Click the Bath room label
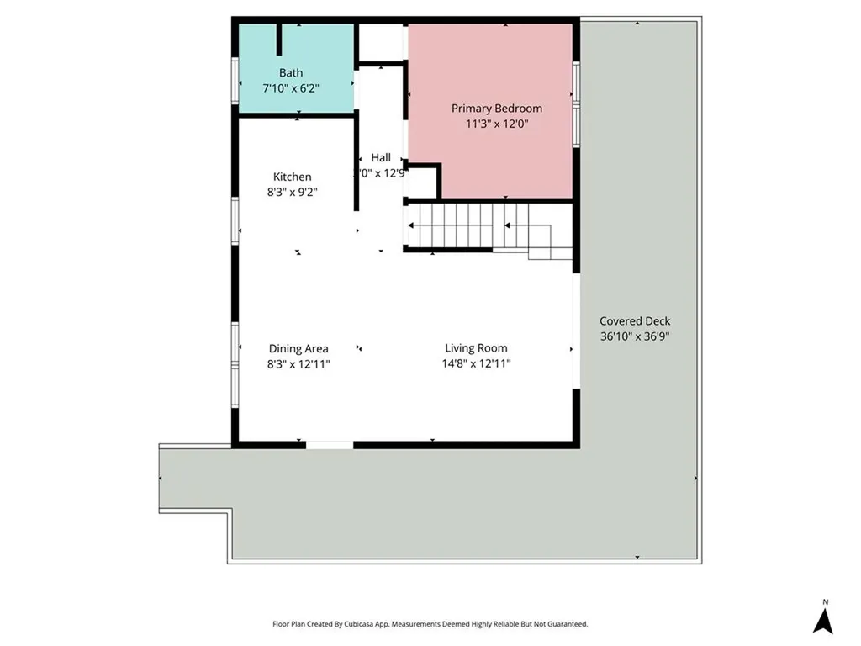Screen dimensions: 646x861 pyautogui.click(x=291, y=73)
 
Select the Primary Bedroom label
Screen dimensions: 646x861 pyautogui.click(x=496, y=109)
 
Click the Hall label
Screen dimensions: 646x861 pyautogui.click(x=381, y=157)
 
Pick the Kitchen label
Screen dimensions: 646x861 pyautogui.click(x=292, y=177)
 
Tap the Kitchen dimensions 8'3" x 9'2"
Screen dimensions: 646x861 pyautogui.click(x=292, y=192)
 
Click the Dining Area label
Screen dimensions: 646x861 pyautogui.click(x=298, y=348)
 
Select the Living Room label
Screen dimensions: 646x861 pyautogui.click(x=476, y=348)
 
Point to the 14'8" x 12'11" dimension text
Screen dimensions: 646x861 pyautogui.click(x=476, y=363)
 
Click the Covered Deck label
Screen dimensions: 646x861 pyautogui.click(x=635, y=321)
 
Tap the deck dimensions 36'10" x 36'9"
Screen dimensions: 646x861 pyautogui.click(x=635, y=336)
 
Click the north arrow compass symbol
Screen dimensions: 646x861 pyautogui.click(x=824, y=621)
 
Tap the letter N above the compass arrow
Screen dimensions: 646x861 pyautogui.click(x=825, y=602)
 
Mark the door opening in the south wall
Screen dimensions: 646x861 pyautogui.click(x=329, y=444)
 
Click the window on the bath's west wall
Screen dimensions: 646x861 pyautogui.click(x=235, y=77)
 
